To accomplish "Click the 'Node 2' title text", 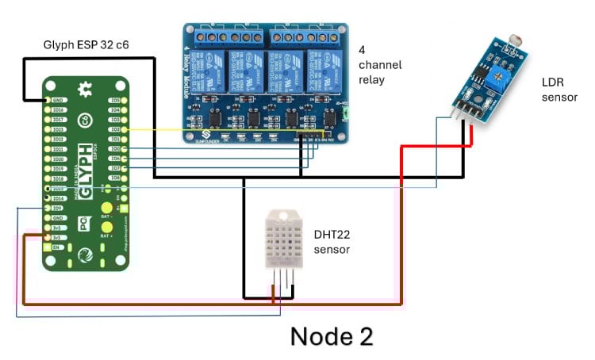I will [x=331, y=335].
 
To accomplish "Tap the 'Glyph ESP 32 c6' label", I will [x=85, y=45].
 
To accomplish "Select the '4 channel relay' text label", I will [x=379, y=64].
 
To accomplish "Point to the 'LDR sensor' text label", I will [x=559, y=90].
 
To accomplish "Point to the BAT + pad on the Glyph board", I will [x=106, y=235].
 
